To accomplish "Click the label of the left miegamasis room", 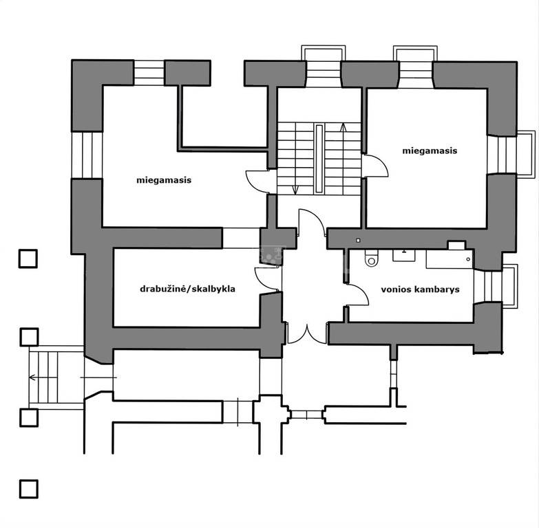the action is pos(164,180).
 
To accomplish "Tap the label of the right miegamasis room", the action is pos(430,151).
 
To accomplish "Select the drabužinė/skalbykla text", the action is pos(188,289).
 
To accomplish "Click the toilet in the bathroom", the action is pos(371,258).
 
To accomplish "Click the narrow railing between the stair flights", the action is pos(319,159).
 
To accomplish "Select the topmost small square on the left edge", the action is pos(28,258).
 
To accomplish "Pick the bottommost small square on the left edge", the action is pos(28,489).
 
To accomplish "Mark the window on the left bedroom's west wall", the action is pos(87,155).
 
